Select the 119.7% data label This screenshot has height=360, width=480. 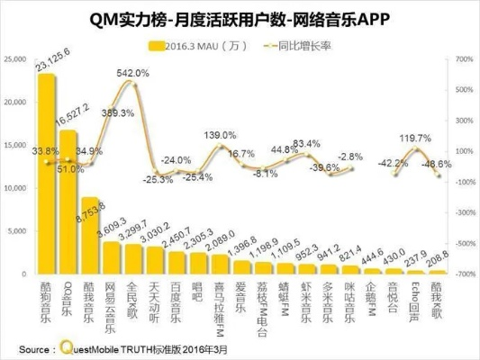click(415, 138)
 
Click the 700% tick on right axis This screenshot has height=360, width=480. click(462, 59)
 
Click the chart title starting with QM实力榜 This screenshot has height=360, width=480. click(240, 15)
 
